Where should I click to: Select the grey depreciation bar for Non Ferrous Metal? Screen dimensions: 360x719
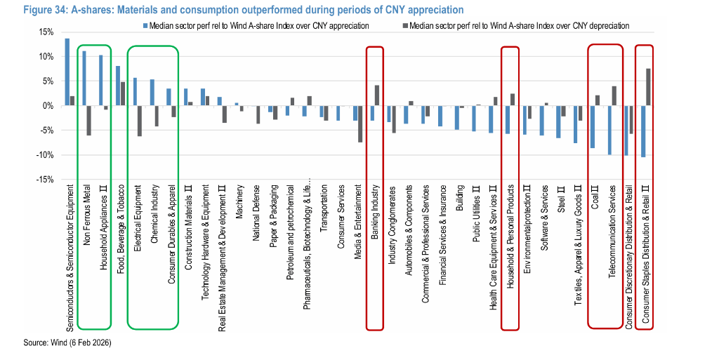tap(89, 120)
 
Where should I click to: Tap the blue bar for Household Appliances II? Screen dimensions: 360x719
tap(101, 80)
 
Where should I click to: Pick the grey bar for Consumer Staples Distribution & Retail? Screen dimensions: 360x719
tap(648, 87)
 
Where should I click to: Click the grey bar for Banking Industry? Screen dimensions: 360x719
tap(377, 95)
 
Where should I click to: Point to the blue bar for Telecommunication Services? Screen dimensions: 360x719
tap(609, 130)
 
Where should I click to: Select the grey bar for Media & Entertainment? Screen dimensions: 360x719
tap(360, 124)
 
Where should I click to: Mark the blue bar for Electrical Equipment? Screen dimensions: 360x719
tap(135, 91)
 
